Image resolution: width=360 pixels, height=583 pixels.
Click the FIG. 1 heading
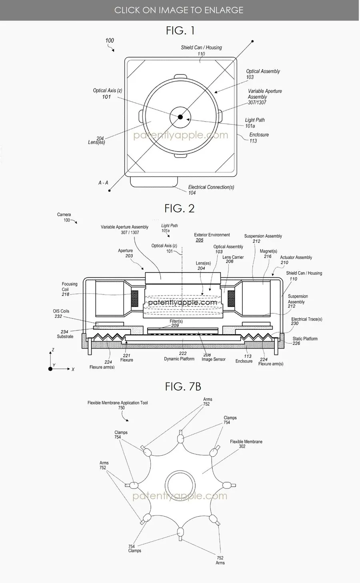180,30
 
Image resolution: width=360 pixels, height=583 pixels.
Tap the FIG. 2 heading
180,208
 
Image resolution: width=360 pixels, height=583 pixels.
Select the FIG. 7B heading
183,386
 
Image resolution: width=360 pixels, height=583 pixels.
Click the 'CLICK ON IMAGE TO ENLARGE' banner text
179,10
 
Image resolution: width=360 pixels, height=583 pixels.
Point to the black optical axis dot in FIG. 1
180,117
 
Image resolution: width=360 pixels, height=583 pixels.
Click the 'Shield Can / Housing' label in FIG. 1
201,48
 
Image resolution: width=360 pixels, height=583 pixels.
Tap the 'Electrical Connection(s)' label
211,187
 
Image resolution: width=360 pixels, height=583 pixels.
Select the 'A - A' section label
103,183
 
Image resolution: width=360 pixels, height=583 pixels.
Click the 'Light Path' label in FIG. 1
255,120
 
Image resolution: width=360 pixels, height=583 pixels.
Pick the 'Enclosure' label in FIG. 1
259,135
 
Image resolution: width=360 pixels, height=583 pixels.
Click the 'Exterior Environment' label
212,235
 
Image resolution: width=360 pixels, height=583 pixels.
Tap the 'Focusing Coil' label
69,286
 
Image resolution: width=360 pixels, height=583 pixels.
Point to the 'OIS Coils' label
61,311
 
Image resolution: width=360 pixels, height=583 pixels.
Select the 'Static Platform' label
305,339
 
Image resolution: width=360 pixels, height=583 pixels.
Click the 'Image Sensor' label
213,359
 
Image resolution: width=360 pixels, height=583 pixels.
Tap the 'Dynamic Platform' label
179,359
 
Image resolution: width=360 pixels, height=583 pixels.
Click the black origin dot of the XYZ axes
50,369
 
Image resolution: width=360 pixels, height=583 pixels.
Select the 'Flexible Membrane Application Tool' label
118,403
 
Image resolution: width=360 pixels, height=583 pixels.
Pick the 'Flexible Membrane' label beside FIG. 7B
246,442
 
